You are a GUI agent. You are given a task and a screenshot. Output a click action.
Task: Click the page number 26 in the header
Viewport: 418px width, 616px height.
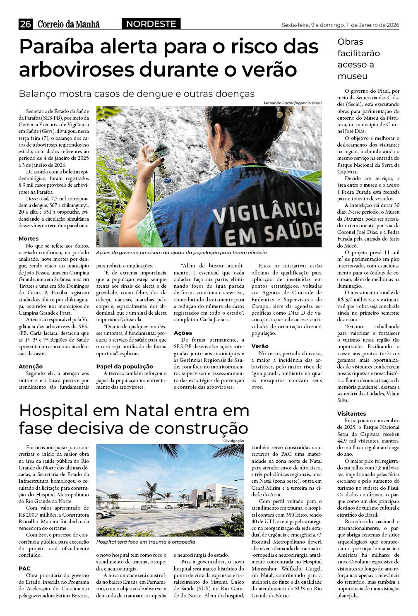coord(25,24)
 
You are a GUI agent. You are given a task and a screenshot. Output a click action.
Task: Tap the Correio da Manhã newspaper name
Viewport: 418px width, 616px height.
coord(68,24)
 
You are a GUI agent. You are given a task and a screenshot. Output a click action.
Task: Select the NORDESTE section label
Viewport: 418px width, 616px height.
coord(151,24)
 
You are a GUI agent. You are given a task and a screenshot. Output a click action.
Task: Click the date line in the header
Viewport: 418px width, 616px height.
coord(340,25)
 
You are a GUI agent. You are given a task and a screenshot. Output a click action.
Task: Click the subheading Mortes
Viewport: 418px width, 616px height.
coord(29,238)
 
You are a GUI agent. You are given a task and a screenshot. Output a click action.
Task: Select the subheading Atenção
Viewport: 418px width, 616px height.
coord(31,366)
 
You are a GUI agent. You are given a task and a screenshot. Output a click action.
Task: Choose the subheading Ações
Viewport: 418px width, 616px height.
coord(183,333)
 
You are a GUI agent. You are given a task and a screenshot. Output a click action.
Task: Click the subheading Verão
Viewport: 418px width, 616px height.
coord(260,346)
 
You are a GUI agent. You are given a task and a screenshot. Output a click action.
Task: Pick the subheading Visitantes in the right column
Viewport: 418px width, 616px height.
coord(351,414)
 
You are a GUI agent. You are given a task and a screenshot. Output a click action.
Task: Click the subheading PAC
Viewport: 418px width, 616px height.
coord(24,568)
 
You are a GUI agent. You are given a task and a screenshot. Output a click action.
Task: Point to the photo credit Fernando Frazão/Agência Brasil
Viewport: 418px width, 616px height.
coord(292,103)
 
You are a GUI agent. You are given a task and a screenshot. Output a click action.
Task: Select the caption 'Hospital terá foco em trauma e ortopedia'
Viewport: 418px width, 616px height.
coord(145,542)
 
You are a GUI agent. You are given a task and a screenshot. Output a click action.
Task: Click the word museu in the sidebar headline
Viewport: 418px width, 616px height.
coord(353,76)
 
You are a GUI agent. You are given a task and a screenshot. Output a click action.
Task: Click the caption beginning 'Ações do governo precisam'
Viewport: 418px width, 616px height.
coord(181,253)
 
